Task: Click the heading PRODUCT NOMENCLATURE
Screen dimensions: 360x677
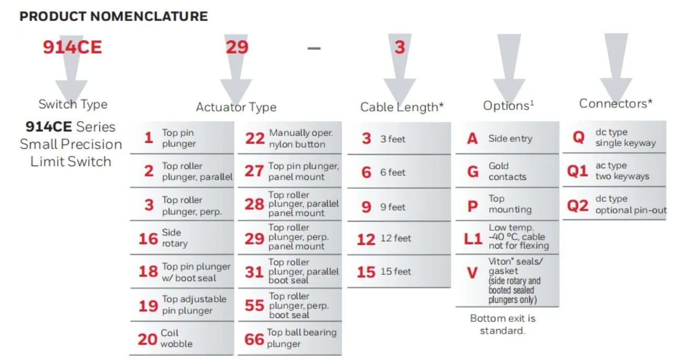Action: [114, 16]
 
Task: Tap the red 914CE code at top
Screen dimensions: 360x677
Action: [72, 47]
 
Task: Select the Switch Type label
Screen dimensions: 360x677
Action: [73, 104]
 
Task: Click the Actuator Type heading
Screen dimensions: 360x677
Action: [236, 107]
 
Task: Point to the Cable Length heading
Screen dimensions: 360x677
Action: [402, 107]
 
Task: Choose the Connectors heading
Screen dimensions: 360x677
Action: [616, 104]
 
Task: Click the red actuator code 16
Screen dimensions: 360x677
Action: [148, 239]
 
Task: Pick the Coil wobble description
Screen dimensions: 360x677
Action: [177, 338]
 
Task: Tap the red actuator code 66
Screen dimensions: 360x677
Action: [254, 340]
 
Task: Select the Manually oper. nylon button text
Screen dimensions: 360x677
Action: [301, 139]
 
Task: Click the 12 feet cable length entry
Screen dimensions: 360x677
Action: [395, 239]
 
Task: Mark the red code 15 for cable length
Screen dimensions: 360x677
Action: [366, 272]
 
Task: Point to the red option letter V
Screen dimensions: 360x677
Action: [472, 273]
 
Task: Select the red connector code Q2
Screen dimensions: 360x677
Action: [577, 205]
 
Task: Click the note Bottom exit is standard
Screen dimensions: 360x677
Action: [502, 324]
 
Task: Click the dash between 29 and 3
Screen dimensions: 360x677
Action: [314, 48]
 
